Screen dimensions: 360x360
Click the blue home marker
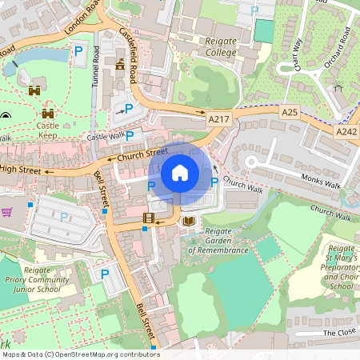pyautogui.click(x=180, y=173)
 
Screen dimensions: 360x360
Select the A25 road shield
pyautogui.click(x=290, y=114)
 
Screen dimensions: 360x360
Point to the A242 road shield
pyautogui.click(x=346, y=131)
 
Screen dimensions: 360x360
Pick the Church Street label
pyautogui.click(x=142, y=153)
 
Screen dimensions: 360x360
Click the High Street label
pyautogui.click(x=19, y=169)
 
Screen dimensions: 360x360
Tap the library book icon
pyautogui.click(x=189, y=220)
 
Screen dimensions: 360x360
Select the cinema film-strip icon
pyautogui.click(x=148, y=218)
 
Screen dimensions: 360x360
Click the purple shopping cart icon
pyautogui.click(x=7, y=212)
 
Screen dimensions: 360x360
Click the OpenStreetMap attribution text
pyautogui.click(x=80, y=354)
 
